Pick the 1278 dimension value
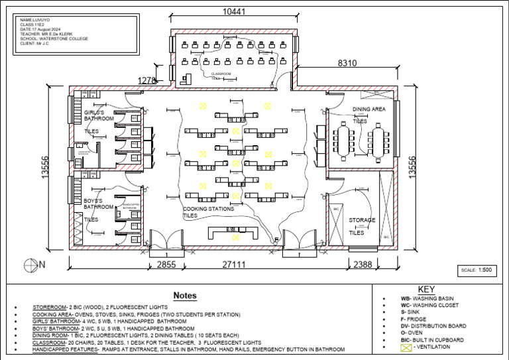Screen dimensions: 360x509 pyautogui.click(x=146, y=81)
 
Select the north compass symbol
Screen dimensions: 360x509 pyautogui.click(x=30, y=264)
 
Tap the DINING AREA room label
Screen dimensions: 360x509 pyautogui.click(x=368, y=109)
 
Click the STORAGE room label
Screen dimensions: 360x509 pyautogui.click(x=362, y=220)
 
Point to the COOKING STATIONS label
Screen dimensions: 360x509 pyautogui.click(x=208, y=209)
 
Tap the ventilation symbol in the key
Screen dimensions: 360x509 pyautogui.click(x=406, y=347)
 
